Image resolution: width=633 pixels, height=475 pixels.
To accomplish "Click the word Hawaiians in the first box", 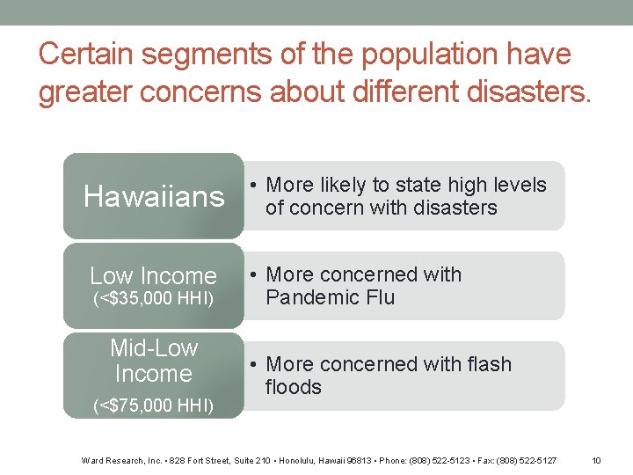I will pyautogui.click(x=154, y=196).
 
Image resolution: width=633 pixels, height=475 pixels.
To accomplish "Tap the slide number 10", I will pyautogui.click(x=596, y=460).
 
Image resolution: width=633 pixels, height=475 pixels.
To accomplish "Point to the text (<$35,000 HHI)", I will pyautogui.click(x=153, y=299).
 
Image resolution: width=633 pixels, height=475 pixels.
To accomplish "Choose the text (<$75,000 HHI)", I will pyautogui.click(x=153, y=405).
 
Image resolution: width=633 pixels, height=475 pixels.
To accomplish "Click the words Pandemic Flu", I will pyautogui.click(x=330, y=297).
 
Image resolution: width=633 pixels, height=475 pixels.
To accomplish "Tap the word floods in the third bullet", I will pyautogui.click(x=294, y=387).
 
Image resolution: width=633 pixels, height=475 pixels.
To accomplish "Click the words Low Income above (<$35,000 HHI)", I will pyautogui.click(x=153, y=275).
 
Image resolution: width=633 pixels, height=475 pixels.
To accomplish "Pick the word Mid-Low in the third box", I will pyautogui.click(x=154, y=348).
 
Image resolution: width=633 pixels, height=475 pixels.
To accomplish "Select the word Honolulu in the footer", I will pyautogui.click(x=289, y=460).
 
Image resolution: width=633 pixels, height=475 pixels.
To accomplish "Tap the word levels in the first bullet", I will pyautogui.click(x=520, y=185).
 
